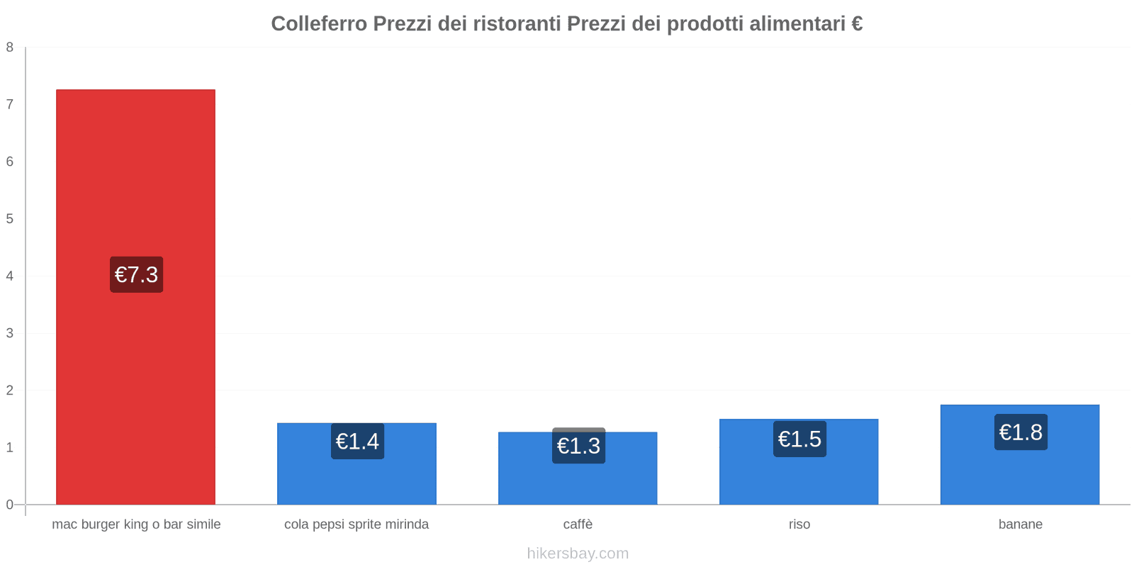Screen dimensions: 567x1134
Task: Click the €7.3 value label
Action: coord(136,274)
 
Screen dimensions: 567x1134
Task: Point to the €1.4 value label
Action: coord(357,442)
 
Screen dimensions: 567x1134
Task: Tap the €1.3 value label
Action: coord(578,446)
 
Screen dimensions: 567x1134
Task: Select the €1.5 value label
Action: coord(799,439)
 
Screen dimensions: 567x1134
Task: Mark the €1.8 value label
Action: coord(1021,432)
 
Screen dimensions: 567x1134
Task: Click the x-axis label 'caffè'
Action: coord(578,524)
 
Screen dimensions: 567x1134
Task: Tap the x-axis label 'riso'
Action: coord(799,524)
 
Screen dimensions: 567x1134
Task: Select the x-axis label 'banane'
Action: coord(1020,524)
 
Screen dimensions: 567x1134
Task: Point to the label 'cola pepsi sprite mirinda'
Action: coord(357,524)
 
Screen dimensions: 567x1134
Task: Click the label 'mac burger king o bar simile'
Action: coord(136,524)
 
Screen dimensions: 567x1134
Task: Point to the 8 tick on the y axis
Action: coord(10,47)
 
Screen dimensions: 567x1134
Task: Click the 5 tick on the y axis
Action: coord(10,219)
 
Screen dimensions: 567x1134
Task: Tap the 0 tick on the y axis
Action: coord(10,505)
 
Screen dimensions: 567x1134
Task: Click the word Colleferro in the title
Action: coord(319,24)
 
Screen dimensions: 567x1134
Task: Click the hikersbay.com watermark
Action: coord(578,554)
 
